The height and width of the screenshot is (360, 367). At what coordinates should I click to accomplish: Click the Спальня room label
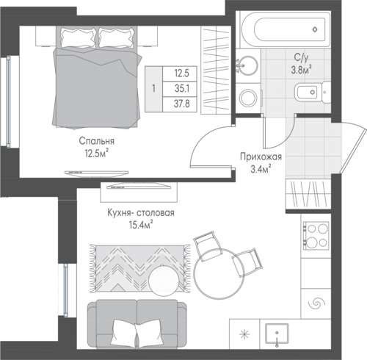[97, 141]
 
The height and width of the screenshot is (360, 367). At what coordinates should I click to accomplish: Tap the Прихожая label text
[261, 156]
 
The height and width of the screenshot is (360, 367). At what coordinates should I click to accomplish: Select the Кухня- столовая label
[141, 212]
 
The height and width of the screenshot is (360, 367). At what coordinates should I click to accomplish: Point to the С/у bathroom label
[301, 57]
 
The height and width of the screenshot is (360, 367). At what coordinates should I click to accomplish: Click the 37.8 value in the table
[182, 104]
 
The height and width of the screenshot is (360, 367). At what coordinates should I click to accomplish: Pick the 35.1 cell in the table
[182, 88]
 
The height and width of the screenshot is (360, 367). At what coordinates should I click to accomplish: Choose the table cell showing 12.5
[181, 73]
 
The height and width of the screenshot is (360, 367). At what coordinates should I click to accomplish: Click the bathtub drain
[315, 29]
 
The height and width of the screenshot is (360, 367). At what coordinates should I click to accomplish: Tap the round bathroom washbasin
[247, 65]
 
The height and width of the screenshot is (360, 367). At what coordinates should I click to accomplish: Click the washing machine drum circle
[248, 98]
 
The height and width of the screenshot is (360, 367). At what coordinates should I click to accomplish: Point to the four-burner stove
[316, 235]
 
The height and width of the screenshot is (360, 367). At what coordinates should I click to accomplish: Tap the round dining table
[219, 273]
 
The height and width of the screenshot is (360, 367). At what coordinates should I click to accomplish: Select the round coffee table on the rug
[164, 280]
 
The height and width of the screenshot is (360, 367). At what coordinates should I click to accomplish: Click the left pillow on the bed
[78, 37]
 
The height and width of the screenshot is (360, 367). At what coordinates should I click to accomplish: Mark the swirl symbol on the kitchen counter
[316, 304]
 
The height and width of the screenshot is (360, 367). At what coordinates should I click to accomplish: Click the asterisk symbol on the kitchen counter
[244, 334]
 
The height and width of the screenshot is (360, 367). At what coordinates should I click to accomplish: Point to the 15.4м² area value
[141, 225]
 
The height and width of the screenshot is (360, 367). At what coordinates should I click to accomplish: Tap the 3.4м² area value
[261, 169]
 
